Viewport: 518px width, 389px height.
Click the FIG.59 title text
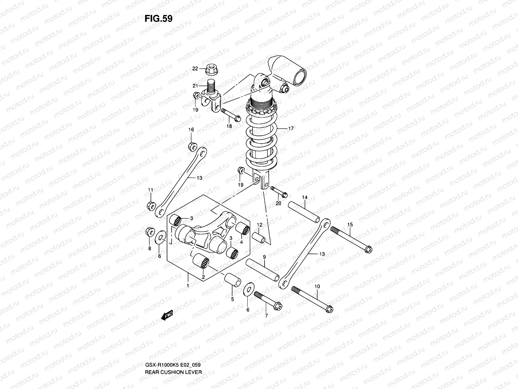point(158,19)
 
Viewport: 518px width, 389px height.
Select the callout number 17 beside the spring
point(290,128)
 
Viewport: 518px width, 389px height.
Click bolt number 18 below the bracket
point(231,115)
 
